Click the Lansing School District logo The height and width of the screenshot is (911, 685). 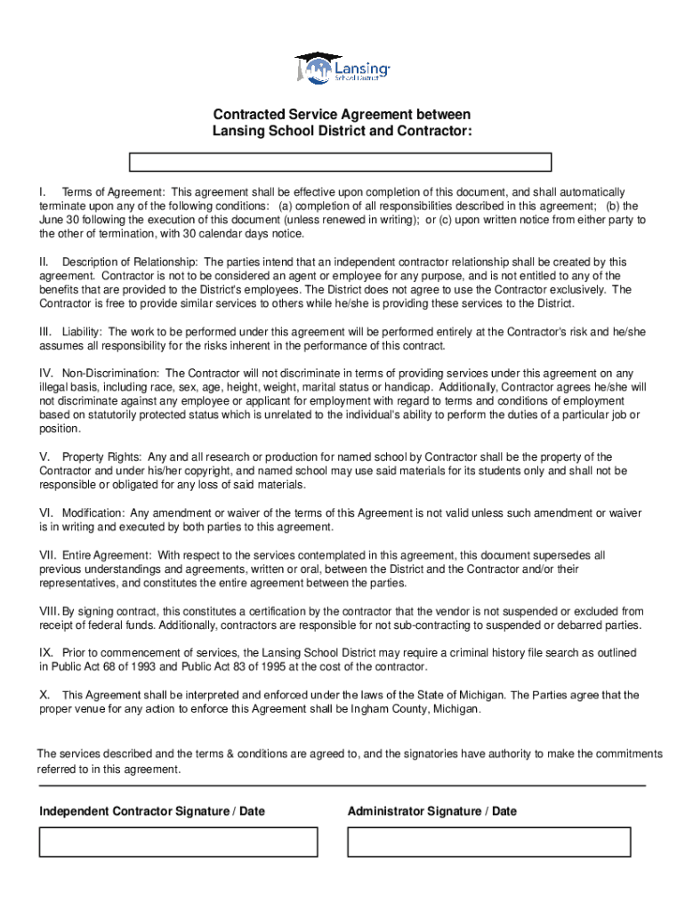click(342, 68)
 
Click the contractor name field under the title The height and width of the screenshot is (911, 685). click(341, 162)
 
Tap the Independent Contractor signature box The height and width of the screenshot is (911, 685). click(178, 842)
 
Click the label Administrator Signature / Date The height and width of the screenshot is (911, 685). click(431, 811)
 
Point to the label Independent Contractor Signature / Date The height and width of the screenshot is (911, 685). click(152, 811)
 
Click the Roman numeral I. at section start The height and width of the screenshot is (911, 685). click(43, 192)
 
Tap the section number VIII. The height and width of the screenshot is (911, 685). click(49, 611)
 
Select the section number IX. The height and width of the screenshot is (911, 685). click(45, 653)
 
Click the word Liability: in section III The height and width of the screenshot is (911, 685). click(82, 331)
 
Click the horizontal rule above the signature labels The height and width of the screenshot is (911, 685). click(342, 786)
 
